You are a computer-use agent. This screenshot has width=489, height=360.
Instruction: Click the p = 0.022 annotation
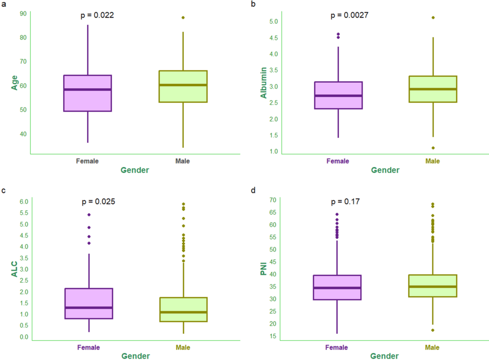pyautogui.click(x=97, y=15)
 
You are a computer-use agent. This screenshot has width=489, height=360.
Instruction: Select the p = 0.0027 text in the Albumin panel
pyautogui.click(x=349, y=15)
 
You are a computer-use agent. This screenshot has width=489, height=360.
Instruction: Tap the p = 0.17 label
pyautogui.click(x=345, y=202)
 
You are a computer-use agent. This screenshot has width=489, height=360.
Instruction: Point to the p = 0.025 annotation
pyautogui.click(x=98, y=202)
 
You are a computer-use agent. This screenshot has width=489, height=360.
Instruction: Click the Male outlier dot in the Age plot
pyautogui.click(x=183, y=17)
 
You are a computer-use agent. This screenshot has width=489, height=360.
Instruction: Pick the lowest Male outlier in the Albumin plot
pyautogui.click(x=433, y=148)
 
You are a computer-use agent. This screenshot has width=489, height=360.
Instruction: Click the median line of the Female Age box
pyautogui.click(x=87, y=90)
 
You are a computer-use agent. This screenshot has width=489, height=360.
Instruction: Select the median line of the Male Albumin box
pyautogui.click(x=433, y=89)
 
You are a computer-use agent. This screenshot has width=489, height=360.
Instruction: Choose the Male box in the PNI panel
pyautogui.click(x=433, y=286)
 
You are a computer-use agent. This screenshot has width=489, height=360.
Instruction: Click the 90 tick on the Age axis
pyautogui.click(x=23, y=13)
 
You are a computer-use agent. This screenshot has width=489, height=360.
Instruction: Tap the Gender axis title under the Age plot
pyautogui.click(x=135, y=170)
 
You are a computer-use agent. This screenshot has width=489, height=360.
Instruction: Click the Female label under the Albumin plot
pyautogui.click(x=338, y=161)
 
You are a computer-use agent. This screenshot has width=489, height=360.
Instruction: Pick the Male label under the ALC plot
pyautogui.click(x=183, y=347)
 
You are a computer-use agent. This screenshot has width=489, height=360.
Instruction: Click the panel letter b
pyautogui.click(x=253, y=4)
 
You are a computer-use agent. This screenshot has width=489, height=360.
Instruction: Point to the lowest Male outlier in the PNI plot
pyautogui.click(x=433, y=330)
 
